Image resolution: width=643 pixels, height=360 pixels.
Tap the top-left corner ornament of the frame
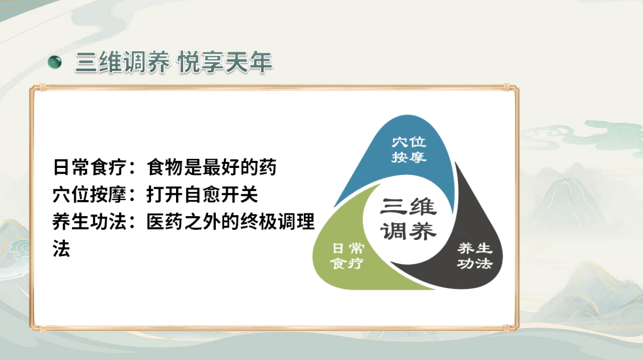pyautogui.click(x=34, y=88)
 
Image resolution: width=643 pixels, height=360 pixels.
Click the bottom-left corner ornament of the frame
pyautogui.click(x=34, y=325)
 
